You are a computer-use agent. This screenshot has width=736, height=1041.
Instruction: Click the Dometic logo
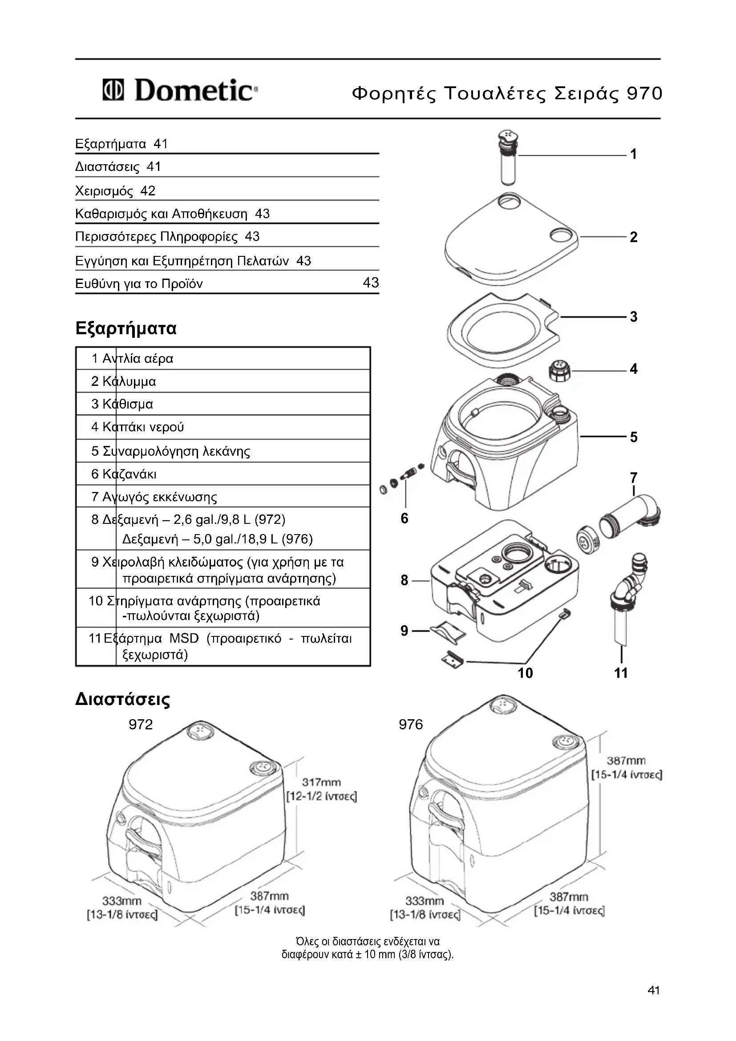[180, 90]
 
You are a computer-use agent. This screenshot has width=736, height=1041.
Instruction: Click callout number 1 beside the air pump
[633, 154]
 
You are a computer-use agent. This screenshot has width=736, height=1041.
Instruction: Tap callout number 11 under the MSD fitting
[620, 673]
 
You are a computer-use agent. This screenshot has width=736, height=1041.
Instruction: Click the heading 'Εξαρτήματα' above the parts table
[126, 328]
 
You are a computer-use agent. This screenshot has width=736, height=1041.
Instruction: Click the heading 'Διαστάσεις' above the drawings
[122, 699]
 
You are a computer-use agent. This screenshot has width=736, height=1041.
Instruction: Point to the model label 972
[141, 724]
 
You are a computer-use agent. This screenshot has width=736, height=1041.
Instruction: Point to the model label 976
[411, 724]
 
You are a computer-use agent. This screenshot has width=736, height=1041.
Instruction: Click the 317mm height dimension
[321, 782]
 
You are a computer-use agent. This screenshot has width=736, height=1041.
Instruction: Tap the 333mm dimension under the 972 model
[121, 900]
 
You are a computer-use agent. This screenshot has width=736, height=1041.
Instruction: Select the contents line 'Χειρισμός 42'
[115, 191]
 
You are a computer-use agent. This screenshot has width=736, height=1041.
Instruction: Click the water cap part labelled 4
[560, 372]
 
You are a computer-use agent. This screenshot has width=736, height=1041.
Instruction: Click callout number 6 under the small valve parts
[404, 518]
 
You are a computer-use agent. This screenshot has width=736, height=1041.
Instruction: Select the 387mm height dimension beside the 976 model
[626, 760]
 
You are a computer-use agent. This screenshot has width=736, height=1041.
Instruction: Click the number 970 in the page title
[644, 93]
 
